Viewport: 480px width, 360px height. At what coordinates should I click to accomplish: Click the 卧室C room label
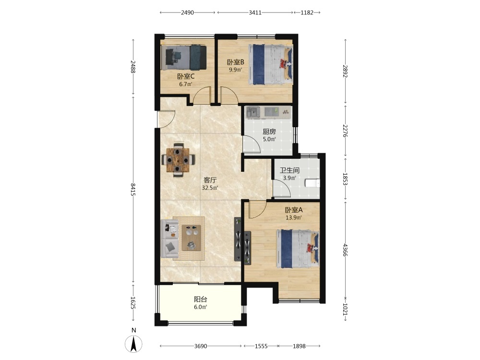(186, 76)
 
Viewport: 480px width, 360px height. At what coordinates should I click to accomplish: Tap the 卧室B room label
(235, 62)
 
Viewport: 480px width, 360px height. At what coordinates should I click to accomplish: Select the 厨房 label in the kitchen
(269, 132)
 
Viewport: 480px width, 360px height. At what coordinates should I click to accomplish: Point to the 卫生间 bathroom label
(289, 170)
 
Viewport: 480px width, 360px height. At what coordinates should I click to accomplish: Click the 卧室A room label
(294, 210)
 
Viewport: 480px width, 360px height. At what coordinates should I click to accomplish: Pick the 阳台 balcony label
(201, 300)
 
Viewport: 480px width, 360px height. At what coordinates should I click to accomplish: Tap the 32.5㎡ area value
(210, 188)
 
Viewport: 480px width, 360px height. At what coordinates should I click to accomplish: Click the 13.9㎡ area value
(294, 217)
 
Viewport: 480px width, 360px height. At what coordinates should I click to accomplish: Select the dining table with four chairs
(178, 159)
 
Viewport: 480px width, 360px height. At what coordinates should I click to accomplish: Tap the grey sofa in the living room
(169, 239)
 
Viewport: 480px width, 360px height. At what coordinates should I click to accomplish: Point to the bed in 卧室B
(271, 64)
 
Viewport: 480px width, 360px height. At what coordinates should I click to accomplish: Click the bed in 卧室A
(298, 249)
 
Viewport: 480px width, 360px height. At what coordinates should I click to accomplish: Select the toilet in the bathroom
(312, 183)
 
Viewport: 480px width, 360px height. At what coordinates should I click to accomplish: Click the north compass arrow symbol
(133, 344)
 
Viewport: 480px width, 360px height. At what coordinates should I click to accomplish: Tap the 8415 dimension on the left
(133, 190)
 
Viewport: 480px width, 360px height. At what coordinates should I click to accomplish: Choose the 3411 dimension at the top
(255, 12)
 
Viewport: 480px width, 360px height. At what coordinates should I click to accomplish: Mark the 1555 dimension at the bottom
(261, 346)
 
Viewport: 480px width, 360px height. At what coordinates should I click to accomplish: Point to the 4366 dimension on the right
(345, 250)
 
